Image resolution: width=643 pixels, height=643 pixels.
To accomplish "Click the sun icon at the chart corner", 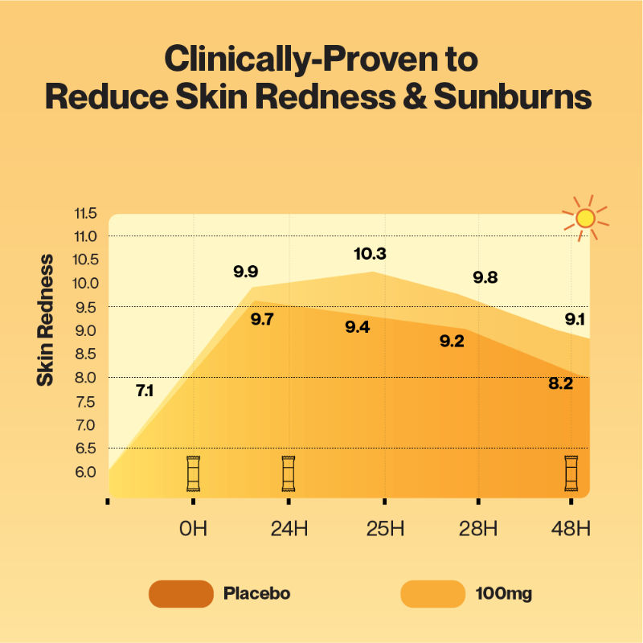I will click(585, 217).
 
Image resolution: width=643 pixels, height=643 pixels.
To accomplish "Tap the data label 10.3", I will click(370, 254).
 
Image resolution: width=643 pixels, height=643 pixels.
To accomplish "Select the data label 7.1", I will click(145, 391).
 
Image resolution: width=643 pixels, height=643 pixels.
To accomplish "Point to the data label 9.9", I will click(246, 271).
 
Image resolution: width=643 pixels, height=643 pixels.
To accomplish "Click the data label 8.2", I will click(560, 384).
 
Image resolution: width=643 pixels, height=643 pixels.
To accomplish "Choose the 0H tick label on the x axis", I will click(193, 529).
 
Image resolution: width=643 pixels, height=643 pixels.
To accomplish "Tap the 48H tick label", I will click(571, 529).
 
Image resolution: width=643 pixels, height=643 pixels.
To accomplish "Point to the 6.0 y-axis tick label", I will click(84, 472).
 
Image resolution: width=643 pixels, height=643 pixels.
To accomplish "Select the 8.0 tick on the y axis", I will click(84, 378).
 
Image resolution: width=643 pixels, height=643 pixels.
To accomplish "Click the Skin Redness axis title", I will click(46, 319).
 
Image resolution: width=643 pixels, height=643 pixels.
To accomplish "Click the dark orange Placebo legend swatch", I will click(181, 594).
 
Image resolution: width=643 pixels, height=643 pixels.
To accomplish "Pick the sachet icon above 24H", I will click(289, 473).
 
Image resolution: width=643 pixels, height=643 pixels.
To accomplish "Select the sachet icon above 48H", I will click(571, 473).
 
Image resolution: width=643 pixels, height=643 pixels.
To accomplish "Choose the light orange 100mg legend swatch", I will click(432, 594).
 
